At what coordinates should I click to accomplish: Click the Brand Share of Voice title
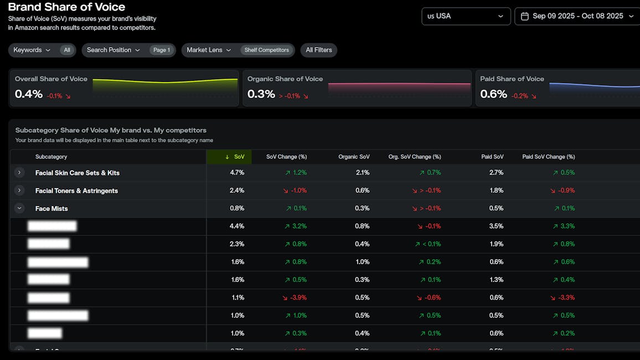66,7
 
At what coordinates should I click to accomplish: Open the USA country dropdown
466,16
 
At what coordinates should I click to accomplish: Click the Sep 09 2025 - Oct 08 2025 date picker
577,16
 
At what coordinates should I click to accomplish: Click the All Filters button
319,50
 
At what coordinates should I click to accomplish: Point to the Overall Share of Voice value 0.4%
29,94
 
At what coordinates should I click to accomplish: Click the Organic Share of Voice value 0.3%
261,94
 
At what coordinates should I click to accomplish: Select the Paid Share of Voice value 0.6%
493,94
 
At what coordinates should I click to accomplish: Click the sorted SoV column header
235,157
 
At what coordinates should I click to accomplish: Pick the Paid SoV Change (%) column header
548,157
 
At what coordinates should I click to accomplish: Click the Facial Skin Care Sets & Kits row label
78,173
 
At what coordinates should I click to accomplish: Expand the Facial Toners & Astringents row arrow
19,191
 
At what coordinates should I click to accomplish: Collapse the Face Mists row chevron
19,208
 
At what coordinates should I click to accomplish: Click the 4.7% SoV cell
237,173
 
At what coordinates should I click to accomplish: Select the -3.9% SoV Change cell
295,297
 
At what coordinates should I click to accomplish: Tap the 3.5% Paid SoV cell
496,226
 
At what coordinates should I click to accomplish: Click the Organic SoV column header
354,157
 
